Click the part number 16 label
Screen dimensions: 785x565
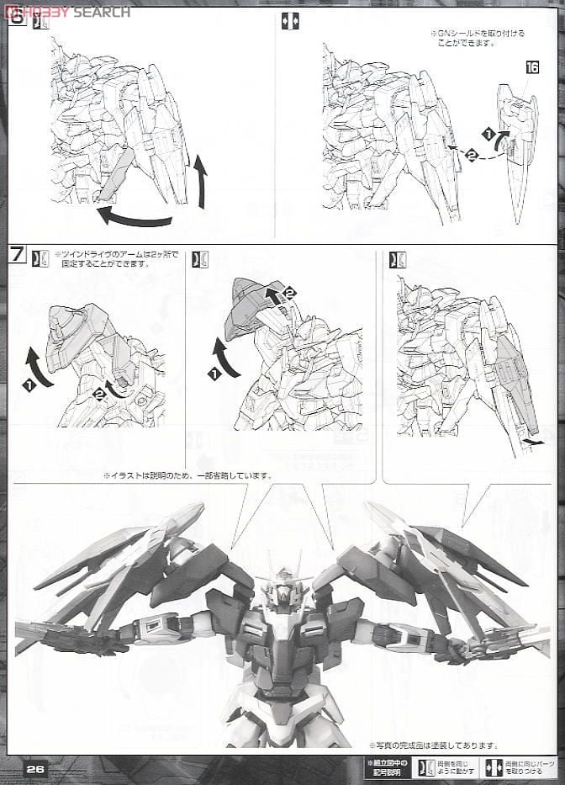531,92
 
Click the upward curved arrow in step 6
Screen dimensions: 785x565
200,180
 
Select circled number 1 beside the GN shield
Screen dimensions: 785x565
487,134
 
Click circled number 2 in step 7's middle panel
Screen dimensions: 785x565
290,293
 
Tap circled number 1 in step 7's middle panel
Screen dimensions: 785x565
214,371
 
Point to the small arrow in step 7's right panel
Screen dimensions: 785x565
531,439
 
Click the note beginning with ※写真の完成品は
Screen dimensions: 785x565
432,745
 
